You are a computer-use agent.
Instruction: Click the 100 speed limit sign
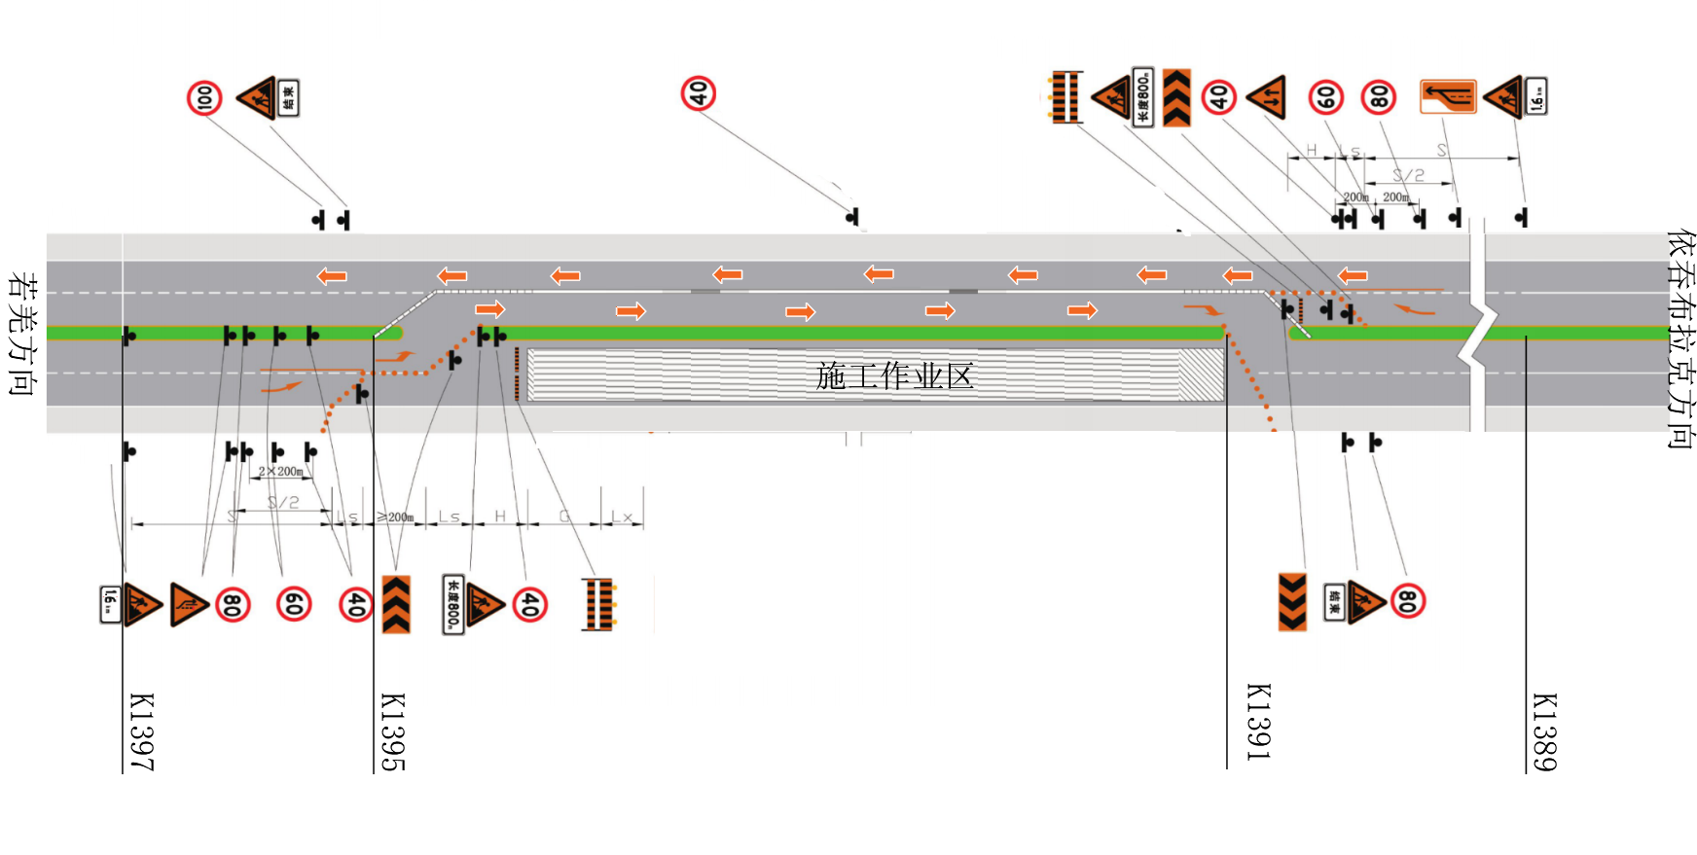pyautogui.click(x=204, y=98)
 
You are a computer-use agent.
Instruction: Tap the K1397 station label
pyautogui.click(x=142, y=731)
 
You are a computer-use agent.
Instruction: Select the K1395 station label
pyautogui.click(x=392, y=731)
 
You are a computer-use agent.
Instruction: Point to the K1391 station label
pyautogui.click(x=1258, y=722)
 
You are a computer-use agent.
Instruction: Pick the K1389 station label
pyautogui.click(x=1544, y=731)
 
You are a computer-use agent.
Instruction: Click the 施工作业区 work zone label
pyautogui.click(x=894, y=375)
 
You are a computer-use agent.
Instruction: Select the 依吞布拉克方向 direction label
pyautogui.click(x=1679, y=338)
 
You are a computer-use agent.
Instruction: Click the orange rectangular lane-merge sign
pyautogui.click(x=1448, y=96)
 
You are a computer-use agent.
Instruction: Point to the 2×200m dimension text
pyautogui.click(x=280, y=472)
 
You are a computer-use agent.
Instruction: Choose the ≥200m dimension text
pyautogui.click(x=395, y=517)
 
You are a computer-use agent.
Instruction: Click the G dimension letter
pyautogui.click(x=564, y=516)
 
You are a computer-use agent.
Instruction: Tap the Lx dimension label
pyautogui.click(x=622, y=517)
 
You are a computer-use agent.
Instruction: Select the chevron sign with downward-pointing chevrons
pyautogui.click(x=1292, y=602)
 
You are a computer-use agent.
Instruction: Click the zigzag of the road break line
pyautogui.click(x=1478, y=337)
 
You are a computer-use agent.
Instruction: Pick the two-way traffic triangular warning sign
pyautogui.click(x=1267, y=97)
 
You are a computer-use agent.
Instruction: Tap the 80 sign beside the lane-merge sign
pyautogui.click(x=1379, y=97)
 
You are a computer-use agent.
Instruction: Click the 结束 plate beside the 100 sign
pyautogui.click(x=288, y=98)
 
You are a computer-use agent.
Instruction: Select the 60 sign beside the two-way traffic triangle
pyautogui.click(x=1325, y=97)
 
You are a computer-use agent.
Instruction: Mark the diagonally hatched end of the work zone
pyautogui.click(x=1202, y=374)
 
